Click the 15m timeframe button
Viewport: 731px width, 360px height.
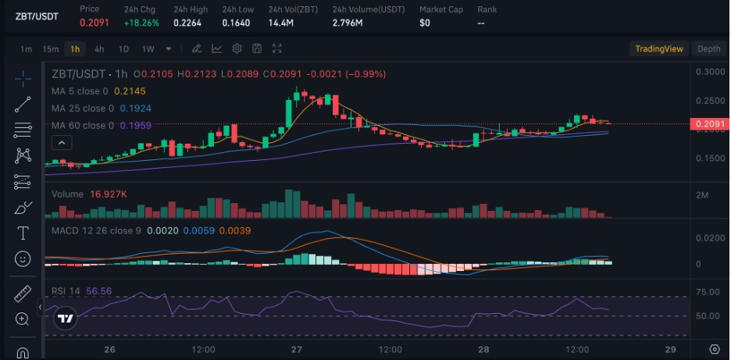[51, 48]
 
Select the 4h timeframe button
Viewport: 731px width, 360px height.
[99, 48]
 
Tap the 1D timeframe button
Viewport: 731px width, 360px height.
[123, 48]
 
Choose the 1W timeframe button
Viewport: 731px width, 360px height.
[148, 48]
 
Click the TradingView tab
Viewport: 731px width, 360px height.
[659, 48]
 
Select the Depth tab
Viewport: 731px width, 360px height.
[708, 48]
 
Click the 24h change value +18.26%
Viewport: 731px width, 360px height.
[141, 23]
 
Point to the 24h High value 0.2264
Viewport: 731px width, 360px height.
[189, 23]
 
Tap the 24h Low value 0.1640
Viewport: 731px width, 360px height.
[236, 23]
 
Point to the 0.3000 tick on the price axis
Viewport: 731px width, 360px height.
[710, 72]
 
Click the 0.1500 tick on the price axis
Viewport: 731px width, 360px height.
[710, 159]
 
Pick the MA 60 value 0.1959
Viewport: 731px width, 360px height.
[135, 125]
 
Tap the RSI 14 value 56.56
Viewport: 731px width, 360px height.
[99, 290]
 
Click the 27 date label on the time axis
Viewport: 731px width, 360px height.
[297, 349]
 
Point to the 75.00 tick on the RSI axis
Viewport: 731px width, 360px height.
[708, 292]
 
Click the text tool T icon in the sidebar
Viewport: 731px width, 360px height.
[23, 233]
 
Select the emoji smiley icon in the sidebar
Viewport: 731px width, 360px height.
[23, 258]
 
